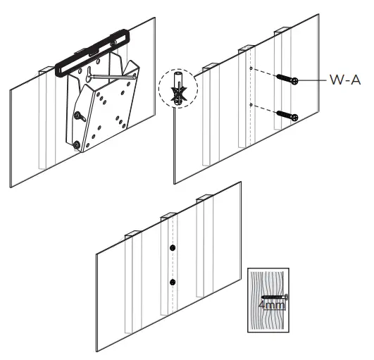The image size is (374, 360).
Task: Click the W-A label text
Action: pyautogui.click(x=344, y=80)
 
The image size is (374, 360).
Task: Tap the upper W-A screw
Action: pyautogui.click(x=287, y=79)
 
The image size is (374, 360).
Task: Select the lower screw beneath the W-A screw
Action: pyautogui.click(x=287, y=113)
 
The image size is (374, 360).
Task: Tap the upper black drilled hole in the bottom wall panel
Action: pyautogui.click(x=172, y=249)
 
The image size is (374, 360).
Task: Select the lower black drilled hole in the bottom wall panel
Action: pyautogui.click(x=172, y=283)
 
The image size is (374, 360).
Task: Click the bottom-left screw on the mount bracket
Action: pyautogui.click(x=77, y=144)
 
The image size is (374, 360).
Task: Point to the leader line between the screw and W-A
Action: pyautogui.click(x=313, y=80)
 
